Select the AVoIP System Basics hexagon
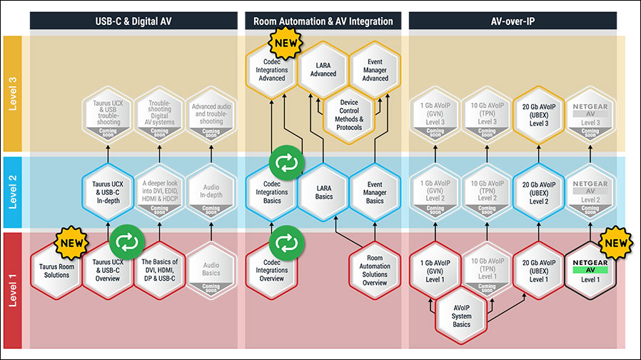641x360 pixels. point(463,314)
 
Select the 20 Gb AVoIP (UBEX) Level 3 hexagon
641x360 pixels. point(535,114)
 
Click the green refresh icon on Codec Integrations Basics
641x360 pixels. point(286,164)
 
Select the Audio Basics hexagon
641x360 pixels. point(211,271)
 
